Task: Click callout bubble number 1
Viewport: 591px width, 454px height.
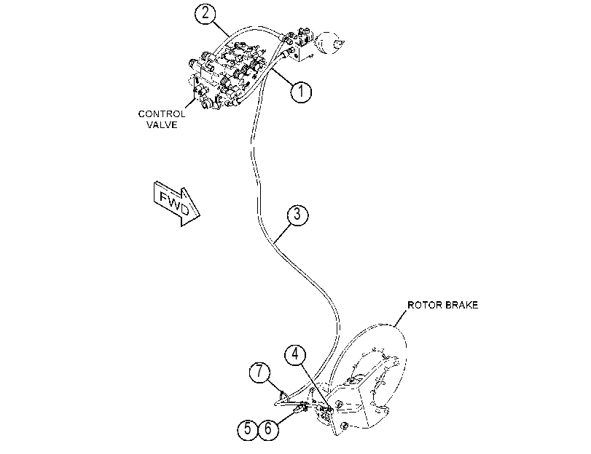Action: [x=301, y=91]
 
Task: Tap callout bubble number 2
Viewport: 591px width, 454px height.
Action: [x=206, y=13]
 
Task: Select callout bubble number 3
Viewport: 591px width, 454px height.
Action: [x=297, y=215]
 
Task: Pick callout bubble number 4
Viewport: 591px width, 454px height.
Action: [x=296, y=354]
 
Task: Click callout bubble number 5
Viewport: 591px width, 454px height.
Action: [x=248, y=429]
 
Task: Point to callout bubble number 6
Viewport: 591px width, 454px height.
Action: [x=268, y=429]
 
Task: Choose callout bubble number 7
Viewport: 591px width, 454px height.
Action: [x=259, y=372]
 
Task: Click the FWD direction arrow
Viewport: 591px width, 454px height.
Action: [x=176, y=203]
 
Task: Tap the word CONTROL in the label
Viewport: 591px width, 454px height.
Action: [x=162, y=113]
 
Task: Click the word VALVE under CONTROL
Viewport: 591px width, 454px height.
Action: [x=162, y=124]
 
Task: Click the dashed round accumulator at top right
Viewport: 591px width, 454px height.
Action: [x=329, y=42]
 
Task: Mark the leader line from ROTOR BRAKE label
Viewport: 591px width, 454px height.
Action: [x=401, y=318]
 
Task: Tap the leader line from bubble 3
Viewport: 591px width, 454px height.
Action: [x=283, y=233]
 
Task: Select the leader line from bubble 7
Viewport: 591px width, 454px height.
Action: [x=275, y=386]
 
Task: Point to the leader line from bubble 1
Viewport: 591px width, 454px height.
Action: [x=282, y=77]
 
